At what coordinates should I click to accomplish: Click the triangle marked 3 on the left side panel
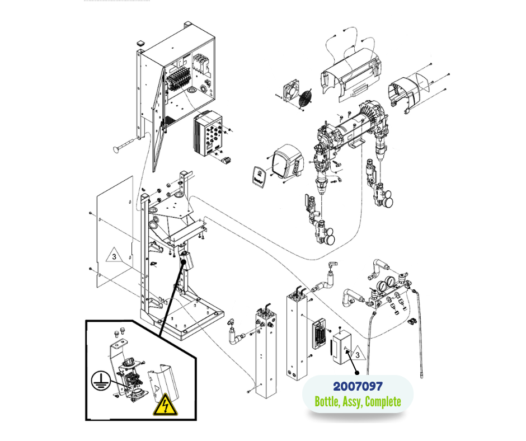(x=114, y=257)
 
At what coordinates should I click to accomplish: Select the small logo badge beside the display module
(x=258, y=175)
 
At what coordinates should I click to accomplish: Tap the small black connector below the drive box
(x=226, y=161)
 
